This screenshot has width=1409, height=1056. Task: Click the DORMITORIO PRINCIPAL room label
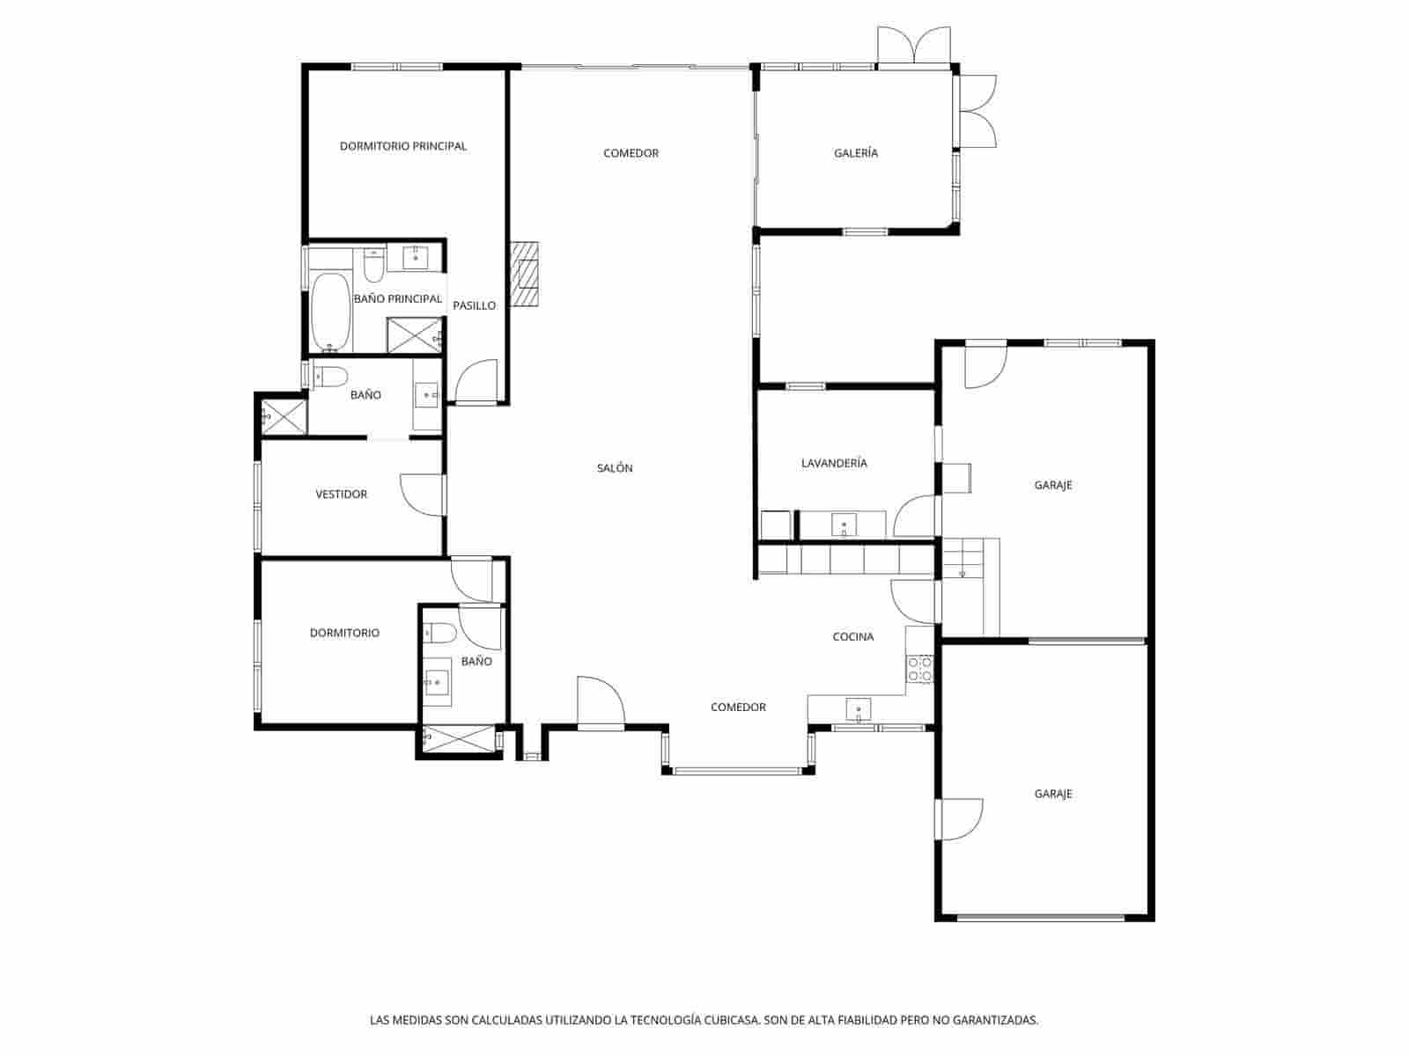[402, 146]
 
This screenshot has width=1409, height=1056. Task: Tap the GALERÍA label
[855, 153]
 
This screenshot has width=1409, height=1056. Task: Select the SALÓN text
[615, 468]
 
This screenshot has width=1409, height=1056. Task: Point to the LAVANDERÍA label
[834, 463]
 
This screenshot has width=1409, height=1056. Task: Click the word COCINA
[852, 636]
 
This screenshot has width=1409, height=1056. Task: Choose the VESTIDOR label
[341, 495]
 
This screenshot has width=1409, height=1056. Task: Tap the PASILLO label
[474, 305]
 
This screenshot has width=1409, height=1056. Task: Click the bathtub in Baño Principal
[330, 312]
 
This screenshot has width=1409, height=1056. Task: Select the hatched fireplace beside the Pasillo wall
[527, 274]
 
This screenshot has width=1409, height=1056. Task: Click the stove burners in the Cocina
[919, 669]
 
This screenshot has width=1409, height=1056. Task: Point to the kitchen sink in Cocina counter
[858, 708]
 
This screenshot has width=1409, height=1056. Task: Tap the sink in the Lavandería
[844, 525]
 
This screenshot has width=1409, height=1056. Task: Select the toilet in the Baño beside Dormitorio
[440, 632]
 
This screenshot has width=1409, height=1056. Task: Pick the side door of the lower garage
[961, 818]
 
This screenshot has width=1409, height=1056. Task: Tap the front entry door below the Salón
[600, 701]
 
